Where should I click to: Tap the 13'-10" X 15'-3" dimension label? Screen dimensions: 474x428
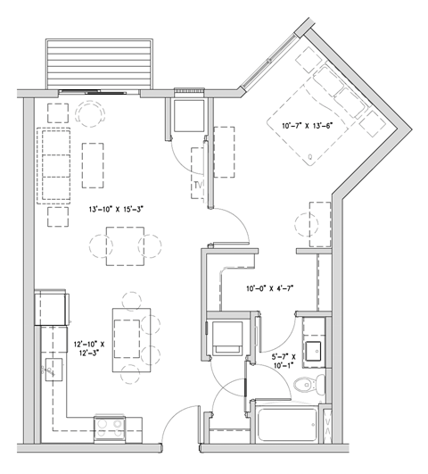click(116, 211)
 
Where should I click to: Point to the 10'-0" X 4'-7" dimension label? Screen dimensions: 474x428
click(269, 288)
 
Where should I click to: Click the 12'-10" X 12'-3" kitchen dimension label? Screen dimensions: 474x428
click(89, 346)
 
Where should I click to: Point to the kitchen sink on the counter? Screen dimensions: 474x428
click(56, 368)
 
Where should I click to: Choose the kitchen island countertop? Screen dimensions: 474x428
click(126, 334)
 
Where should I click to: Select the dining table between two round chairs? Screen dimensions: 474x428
click(123, 244)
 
